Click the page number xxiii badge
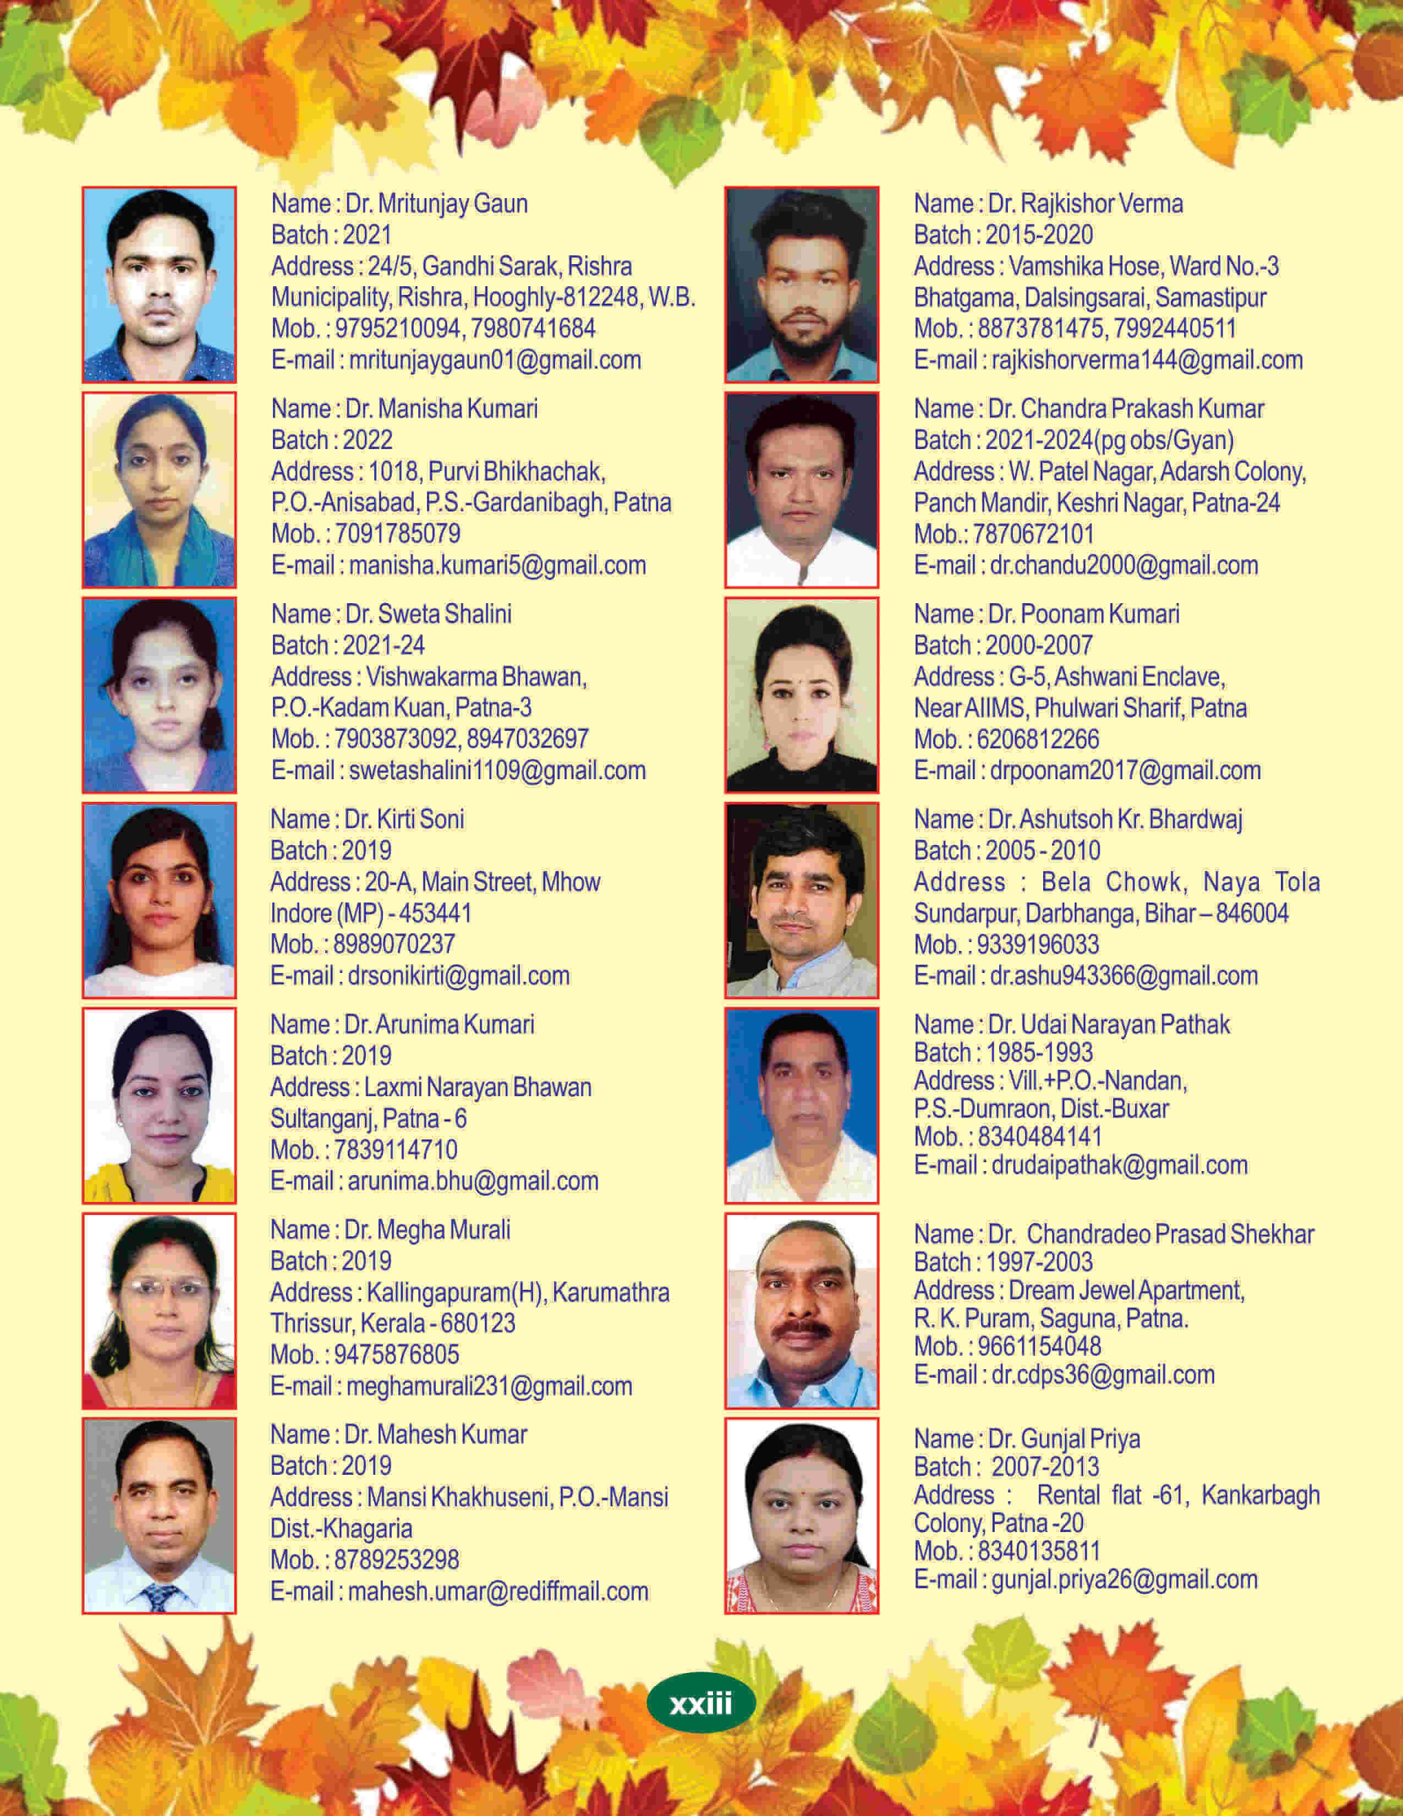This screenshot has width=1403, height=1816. [x=700, y=1704]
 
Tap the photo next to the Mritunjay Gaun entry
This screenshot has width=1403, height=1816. [x=159, y=285]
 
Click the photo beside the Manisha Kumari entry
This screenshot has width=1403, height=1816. [x=159, y=490]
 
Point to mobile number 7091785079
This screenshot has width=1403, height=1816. [x=397, y=534]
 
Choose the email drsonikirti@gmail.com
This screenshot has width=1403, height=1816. [x=458, y=975]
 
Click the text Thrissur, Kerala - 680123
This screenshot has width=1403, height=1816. [x=392, y=1323]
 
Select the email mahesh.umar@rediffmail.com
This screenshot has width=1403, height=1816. [x=497, y=1591]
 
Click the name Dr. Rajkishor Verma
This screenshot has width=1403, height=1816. [x=1084, y=204]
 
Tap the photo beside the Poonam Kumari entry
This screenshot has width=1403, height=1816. [x=801, y=695]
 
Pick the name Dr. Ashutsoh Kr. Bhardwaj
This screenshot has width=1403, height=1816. [x=1115, y=819]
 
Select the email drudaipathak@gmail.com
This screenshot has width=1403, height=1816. [x=1119, y=1165]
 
